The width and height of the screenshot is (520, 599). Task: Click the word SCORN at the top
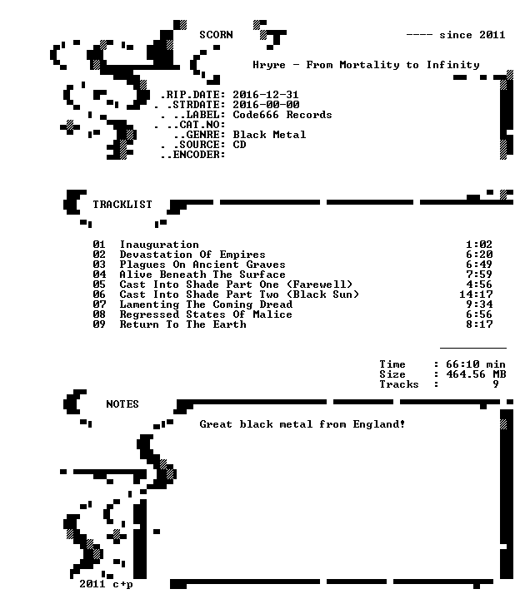coord(216,35)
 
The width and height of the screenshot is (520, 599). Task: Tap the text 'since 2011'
coord(472,35)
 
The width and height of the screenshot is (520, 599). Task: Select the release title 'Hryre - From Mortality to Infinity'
coord(366,65)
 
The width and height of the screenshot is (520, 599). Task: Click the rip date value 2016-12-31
coord(266,94)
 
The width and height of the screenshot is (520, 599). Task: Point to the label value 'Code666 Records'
coord(282,115)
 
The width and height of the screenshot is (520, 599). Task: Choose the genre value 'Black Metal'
coord(269,135)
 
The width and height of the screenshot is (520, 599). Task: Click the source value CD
coord(239,145)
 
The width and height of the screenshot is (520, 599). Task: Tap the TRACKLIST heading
coord(122,205)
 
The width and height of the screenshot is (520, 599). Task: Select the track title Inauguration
coord(159,245)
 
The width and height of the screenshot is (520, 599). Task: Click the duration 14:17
coord(476,295)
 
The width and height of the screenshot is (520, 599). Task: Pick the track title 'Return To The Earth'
coord(182,324)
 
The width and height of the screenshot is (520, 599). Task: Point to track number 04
coord(99,275)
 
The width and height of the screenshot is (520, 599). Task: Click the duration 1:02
coord(479,245)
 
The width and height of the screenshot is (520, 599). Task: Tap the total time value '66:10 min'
coord(476,364)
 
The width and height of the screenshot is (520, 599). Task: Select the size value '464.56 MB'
coord(476,374)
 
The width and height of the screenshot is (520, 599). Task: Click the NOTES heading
coord(122,404)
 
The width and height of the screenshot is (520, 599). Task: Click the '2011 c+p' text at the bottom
coord(106,584)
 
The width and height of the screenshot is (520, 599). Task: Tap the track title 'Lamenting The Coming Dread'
coord(206,304)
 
